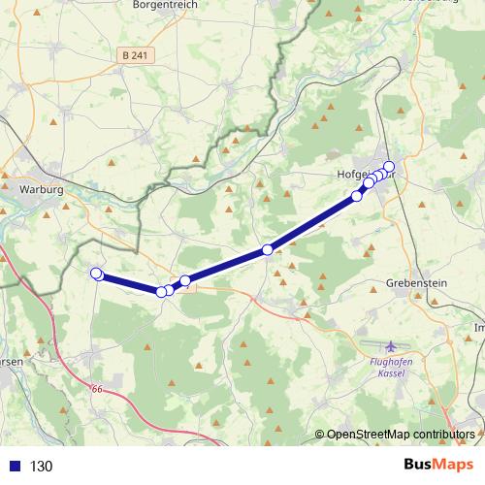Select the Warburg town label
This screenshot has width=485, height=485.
coord(41,189)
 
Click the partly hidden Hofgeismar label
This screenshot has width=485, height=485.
coord(348,176)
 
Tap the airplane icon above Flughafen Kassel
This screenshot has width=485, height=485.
coord(390,347)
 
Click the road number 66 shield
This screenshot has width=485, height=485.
coord(96,389)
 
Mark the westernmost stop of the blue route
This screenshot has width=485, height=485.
coord(95,274)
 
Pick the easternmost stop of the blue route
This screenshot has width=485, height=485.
coord(390,166)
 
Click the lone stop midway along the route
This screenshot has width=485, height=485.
coord(268,250)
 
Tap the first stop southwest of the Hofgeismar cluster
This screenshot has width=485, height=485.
coord(357,196)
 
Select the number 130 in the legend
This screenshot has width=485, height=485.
coord(41,466)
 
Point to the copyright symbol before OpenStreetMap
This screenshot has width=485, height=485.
coord(320,434)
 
